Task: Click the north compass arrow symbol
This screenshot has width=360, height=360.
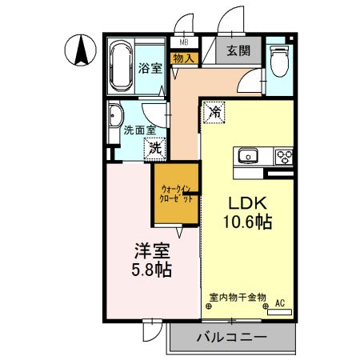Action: click(81, 51)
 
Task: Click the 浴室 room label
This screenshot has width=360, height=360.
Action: click(150, 69)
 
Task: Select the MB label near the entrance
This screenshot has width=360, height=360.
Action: click(183, 42)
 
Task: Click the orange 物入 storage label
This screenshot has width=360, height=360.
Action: click(183, 58)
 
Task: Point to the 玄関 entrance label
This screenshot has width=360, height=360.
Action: click(238, 51)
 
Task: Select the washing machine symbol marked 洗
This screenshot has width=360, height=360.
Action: click(154, 146)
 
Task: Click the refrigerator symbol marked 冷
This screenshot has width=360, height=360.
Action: click(214, 113)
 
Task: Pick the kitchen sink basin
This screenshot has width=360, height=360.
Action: click(246, 155)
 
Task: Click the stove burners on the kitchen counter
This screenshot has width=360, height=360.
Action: click(283, 155)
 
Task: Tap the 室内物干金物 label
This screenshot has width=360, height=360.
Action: click(238, 296)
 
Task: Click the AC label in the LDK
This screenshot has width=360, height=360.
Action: click(280, 303)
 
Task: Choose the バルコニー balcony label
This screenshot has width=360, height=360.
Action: click(231, 338)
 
